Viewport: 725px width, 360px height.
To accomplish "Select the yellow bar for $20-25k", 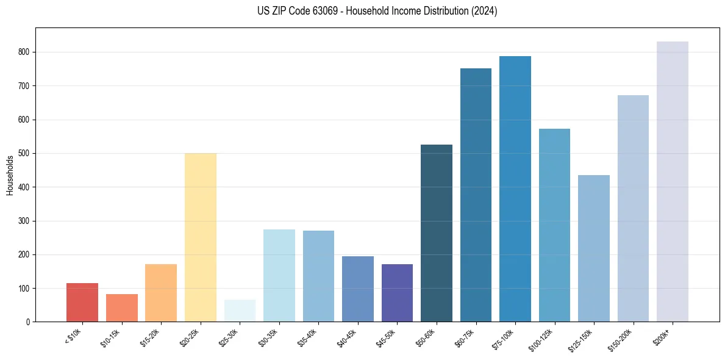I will click(x=200, y=237).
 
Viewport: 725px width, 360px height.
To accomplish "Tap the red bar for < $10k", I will click(x=82, y=302).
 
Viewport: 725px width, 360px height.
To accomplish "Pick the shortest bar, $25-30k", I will click(x=240, y=311).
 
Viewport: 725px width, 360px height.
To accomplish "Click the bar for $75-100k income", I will click(x=515, y=189).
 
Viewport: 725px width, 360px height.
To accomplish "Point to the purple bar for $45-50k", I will click(x=397, y=293).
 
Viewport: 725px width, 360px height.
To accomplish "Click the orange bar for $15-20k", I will click(x=161, y=293).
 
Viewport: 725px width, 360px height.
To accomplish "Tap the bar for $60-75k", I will click(x=476, y=195).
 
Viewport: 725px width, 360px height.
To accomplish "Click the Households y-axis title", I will click(x=10, y=175).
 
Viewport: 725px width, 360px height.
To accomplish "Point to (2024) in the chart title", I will click(x=484, y=11).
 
